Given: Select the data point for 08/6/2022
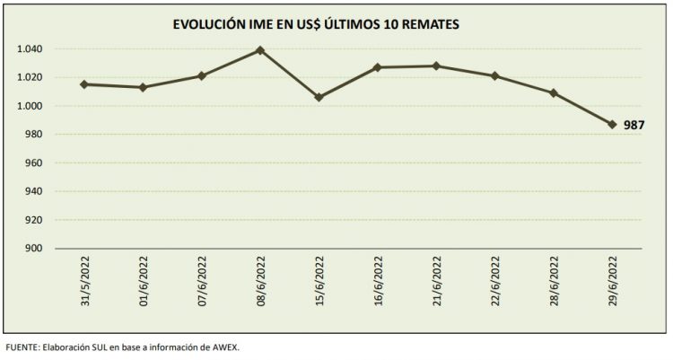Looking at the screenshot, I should click(260, 50).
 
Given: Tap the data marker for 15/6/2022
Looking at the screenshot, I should click(319, 97).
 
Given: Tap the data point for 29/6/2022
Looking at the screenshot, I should click(612, 125).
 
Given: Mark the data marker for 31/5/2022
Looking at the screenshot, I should click(83, 84).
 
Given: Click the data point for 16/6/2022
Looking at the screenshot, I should click(378, 67).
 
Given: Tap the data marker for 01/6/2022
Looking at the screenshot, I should click(143, 87).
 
